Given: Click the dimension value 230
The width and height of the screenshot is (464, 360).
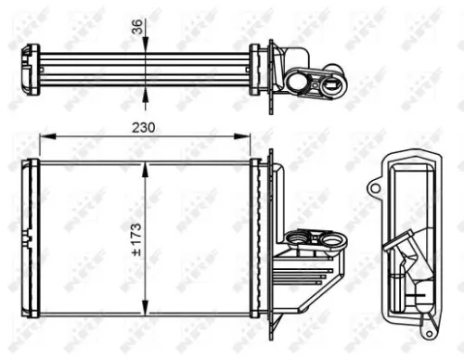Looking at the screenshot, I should click(x=142, y=126).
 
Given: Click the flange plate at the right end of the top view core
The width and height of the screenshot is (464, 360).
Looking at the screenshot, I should click(x=268, y=68).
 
